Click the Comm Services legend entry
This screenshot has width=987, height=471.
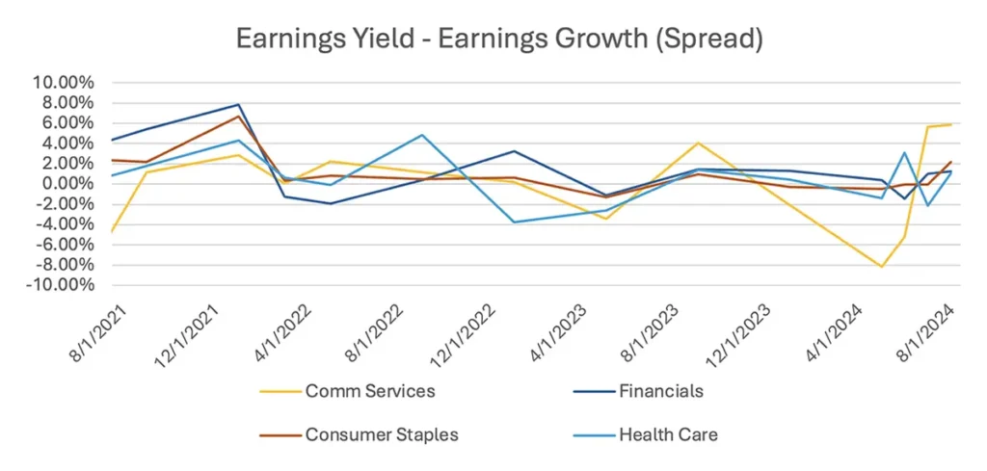click(369, 391)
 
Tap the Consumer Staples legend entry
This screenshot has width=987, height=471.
click(382, 434)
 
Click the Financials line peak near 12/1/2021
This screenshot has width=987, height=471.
click(238, 104)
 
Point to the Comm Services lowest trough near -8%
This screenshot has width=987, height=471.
click(881, 267)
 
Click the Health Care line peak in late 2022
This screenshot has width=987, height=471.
click(421, 135)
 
